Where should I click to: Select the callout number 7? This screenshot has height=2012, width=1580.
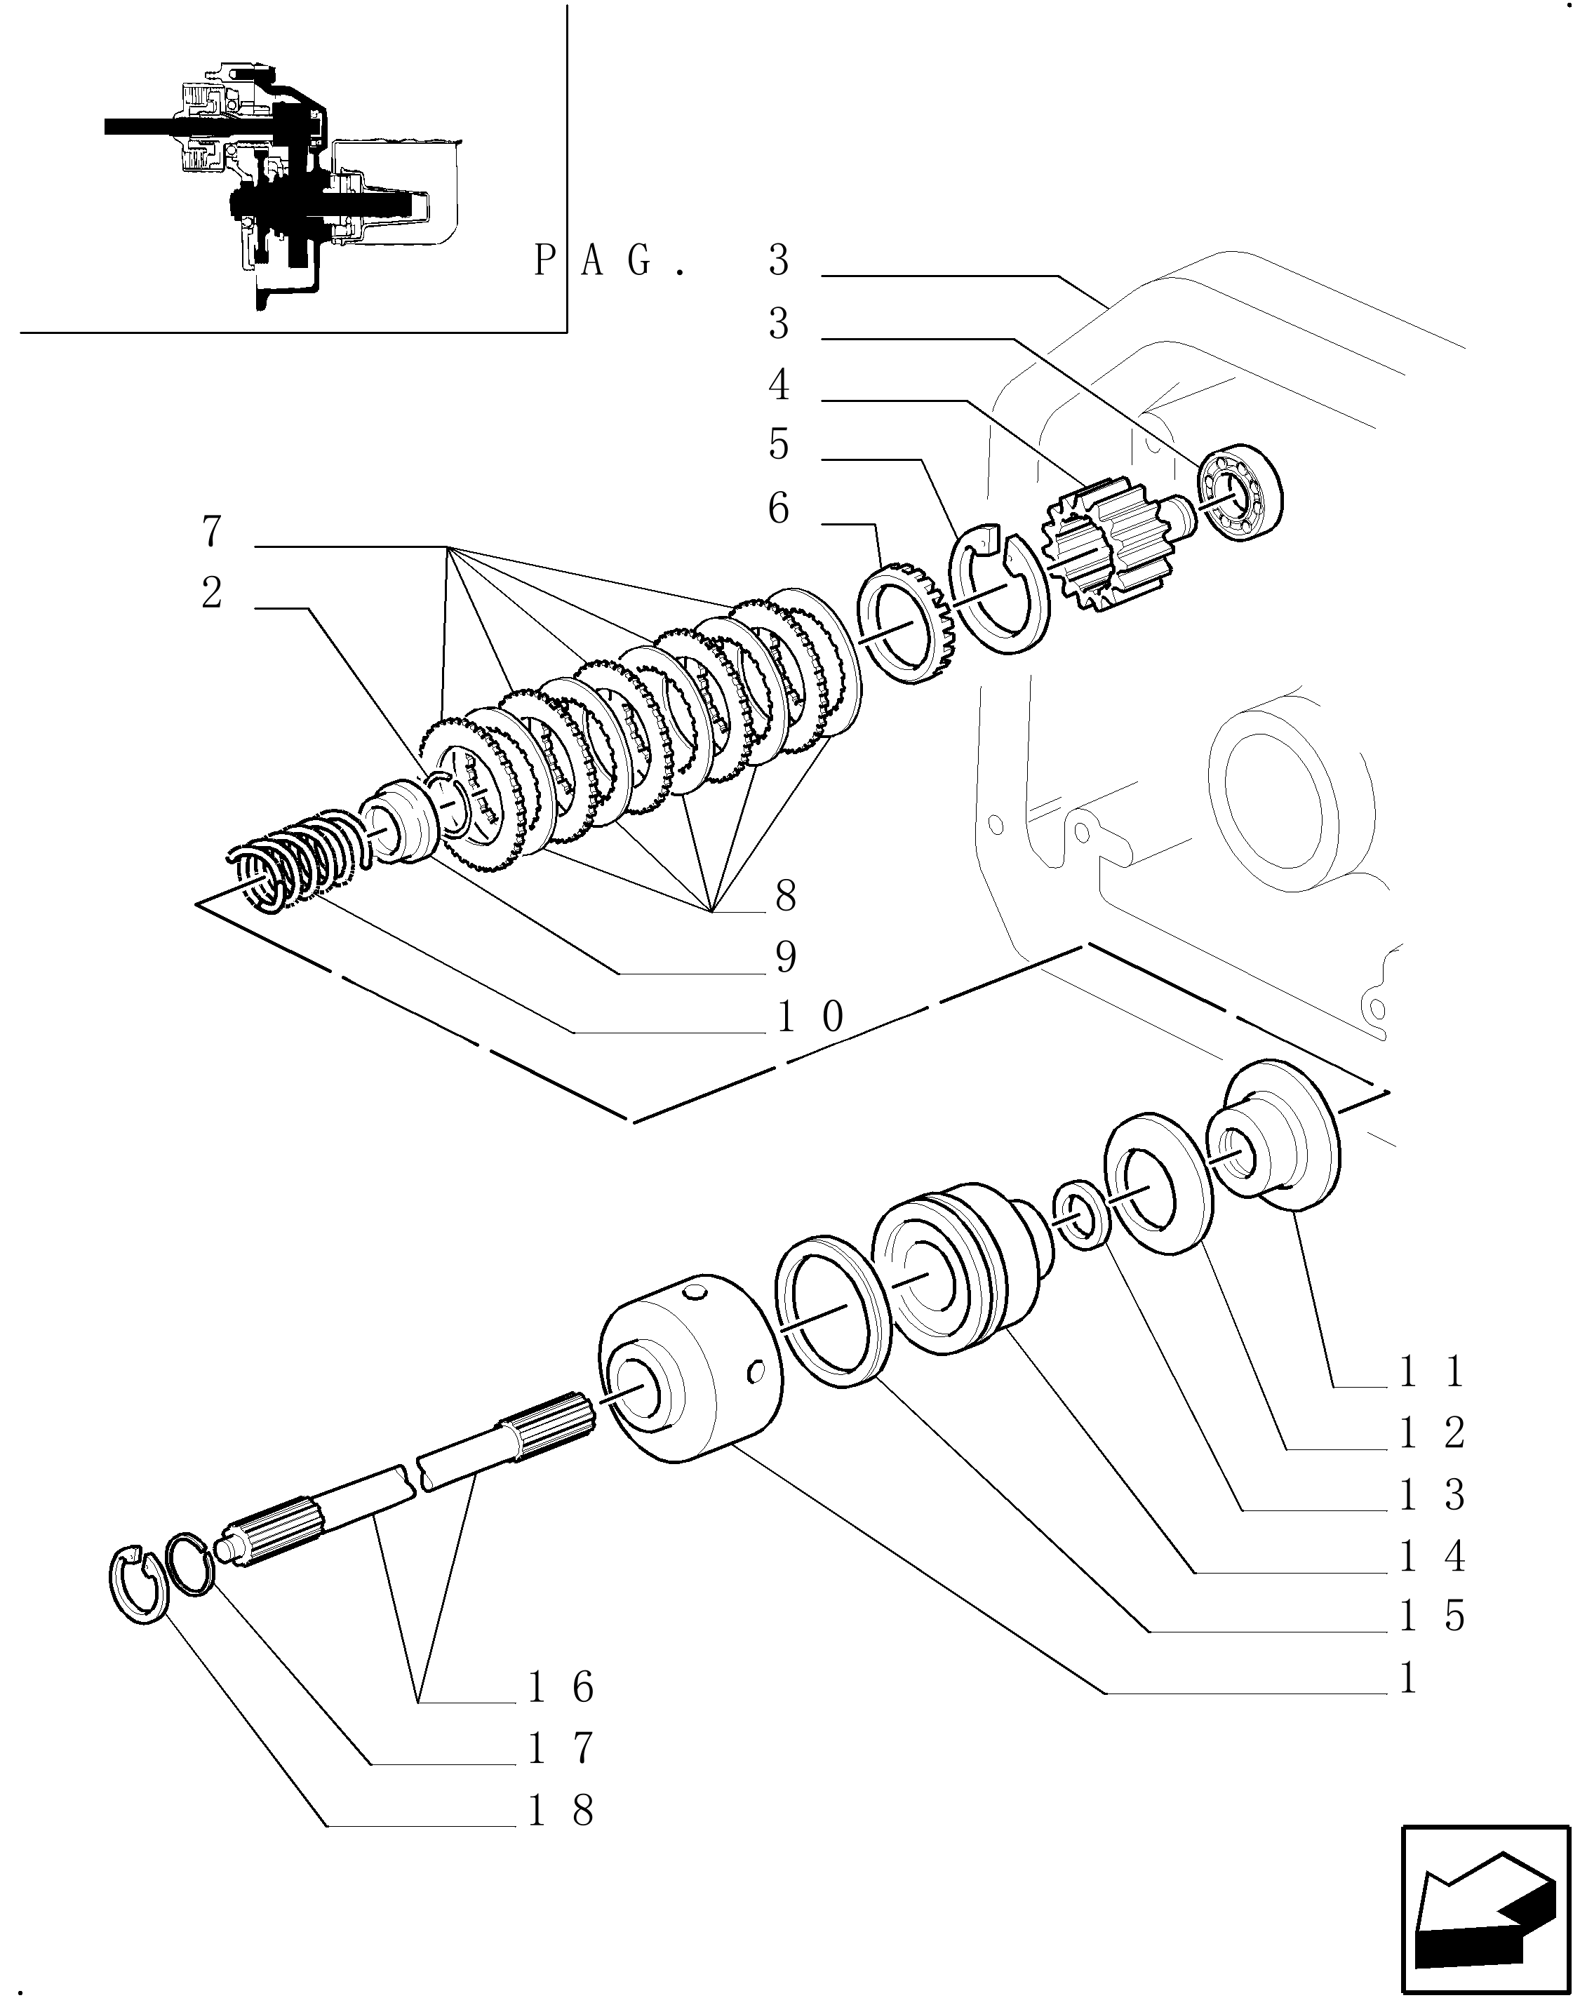[x=212, y=532]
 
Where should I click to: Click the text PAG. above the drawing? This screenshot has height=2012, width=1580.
[x=610, y=261]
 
